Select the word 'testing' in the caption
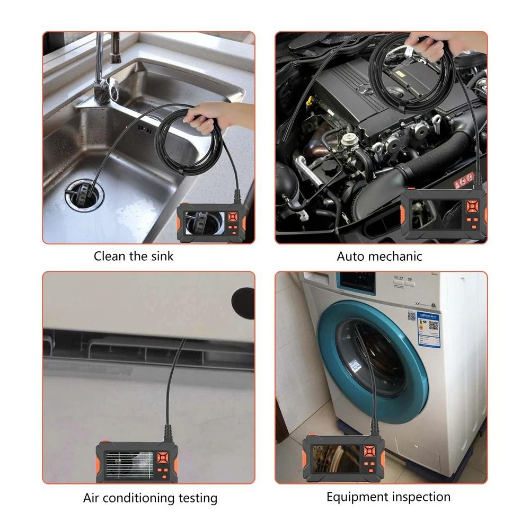[196, 498]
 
